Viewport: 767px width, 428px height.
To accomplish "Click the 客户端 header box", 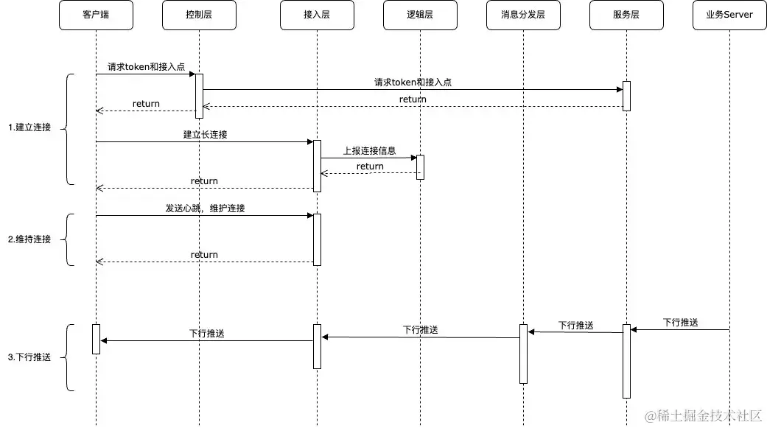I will pyautogui.click(x=96, y=15).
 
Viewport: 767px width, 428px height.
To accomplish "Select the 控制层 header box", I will pyautogui.click(x=199, y=15).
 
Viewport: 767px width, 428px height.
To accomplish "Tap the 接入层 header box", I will pyautogui.click(x=317, y=15).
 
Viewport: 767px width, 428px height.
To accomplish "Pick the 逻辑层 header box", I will pyautogui.click(x=420, y=15).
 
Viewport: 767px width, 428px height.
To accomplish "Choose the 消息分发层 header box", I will pyautogui.click(x=523, y=15).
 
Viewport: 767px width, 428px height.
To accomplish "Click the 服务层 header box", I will pyautogui.click(x=626, y=15).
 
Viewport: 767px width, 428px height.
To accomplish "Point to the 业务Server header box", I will pyautogui.click(x=729, y=15).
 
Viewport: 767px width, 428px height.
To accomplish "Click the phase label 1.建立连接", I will pyautogui.click(x=29, y=127).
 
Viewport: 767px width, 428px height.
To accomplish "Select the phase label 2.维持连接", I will pyautogui.click(x=29, y=239).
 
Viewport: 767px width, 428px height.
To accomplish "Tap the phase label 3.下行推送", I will pyautogui.click(x=29, y=357).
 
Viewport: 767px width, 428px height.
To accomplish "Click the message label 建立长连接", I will pyautogui.click(x=205, y=135).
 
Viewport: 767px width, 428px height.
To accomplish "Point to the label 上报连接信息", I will pyautogui.click(x=369, y=150).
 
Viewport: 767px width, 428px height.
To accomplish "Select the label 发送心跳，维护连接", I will pyautogui.click(x=205, y=208).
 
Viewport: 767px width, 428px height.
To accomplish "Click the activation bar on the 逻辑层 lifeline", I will pyautogui.click(x=420, y=167).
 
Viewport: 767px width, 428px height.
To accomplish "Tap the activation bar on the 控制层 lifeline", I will pyautogui.click(x=199, y=96).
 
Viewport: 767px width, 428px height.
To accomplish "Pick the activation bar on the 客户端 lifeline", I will pyautogui.click(x=96, y=339).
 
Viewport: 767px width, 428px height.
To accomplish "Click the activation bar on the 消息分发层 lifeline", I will pyautogui.click(x=523, y=354).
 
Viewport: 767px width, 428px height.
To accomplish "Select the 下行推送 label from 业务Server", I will pyautogui.click(x=680, y=323).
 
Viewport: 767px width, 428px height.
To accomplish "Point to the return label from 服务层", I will pyautogui.click(x=413, y=99).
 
